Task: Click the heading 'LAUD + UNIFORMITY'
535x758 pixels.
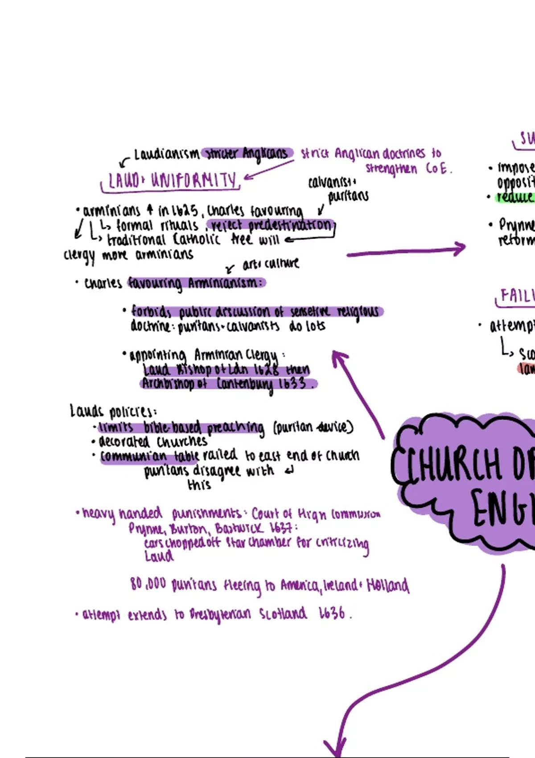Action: [x=172, y=181]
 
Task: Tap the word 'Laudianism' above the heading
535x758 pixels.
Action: [x=166, y=154]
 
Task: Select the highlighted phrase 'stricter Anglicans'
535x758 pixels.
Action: [x=247, y=154]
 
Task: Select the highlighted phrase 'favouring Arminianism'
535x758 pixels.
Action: [x=196, y=283]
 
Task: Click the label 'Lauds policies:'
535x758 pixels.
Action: [x=113, y=411]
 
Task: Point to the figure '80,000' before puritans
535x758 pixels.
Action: [x=148, y=584]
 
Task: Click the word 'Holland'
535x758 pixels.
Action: [x=387, y=585]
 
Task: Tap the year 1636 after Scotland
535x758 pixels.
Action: [x=332, y=614]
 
